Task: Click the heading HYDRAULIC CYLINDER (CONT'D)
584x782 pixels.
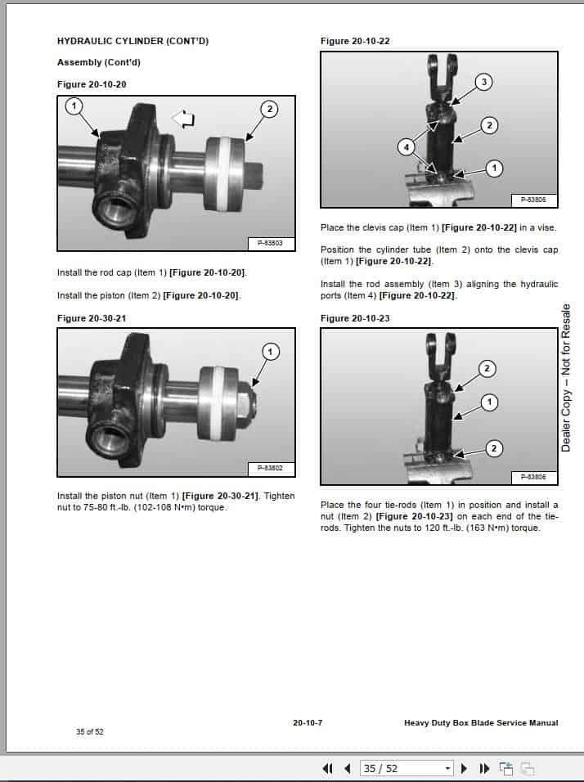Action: point(133,40)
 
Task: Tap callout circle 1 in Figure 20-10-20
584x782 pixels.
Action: point(74,106)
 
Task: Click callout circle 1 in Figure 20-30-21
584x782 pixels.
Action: point(269,351)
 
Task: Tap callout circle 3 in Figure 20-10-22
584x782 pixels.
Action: point(483,82)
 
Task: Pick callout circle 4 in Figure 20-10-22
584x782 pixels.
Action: point(405,147)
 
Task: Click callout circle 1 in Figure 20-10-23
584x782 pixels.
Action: point(489,402)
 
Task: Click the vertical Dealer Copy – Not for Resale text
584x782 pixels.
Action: point(566,377)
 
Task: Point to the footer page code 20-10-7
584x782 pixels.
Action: point(308,722)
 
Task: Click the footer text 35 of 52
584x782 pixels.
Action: point(90,731)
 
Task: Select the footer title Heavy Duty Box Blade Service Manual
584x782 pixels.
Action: point(481,722)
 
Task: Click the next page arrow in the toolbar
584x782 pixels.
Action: point(465,768)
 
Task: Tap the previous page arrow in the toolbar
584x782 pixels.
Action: point(348,768)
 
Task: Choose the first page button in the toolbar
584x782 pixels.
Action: point(328,768)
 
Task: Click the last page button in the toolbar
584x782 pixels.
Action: point(483,768)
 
